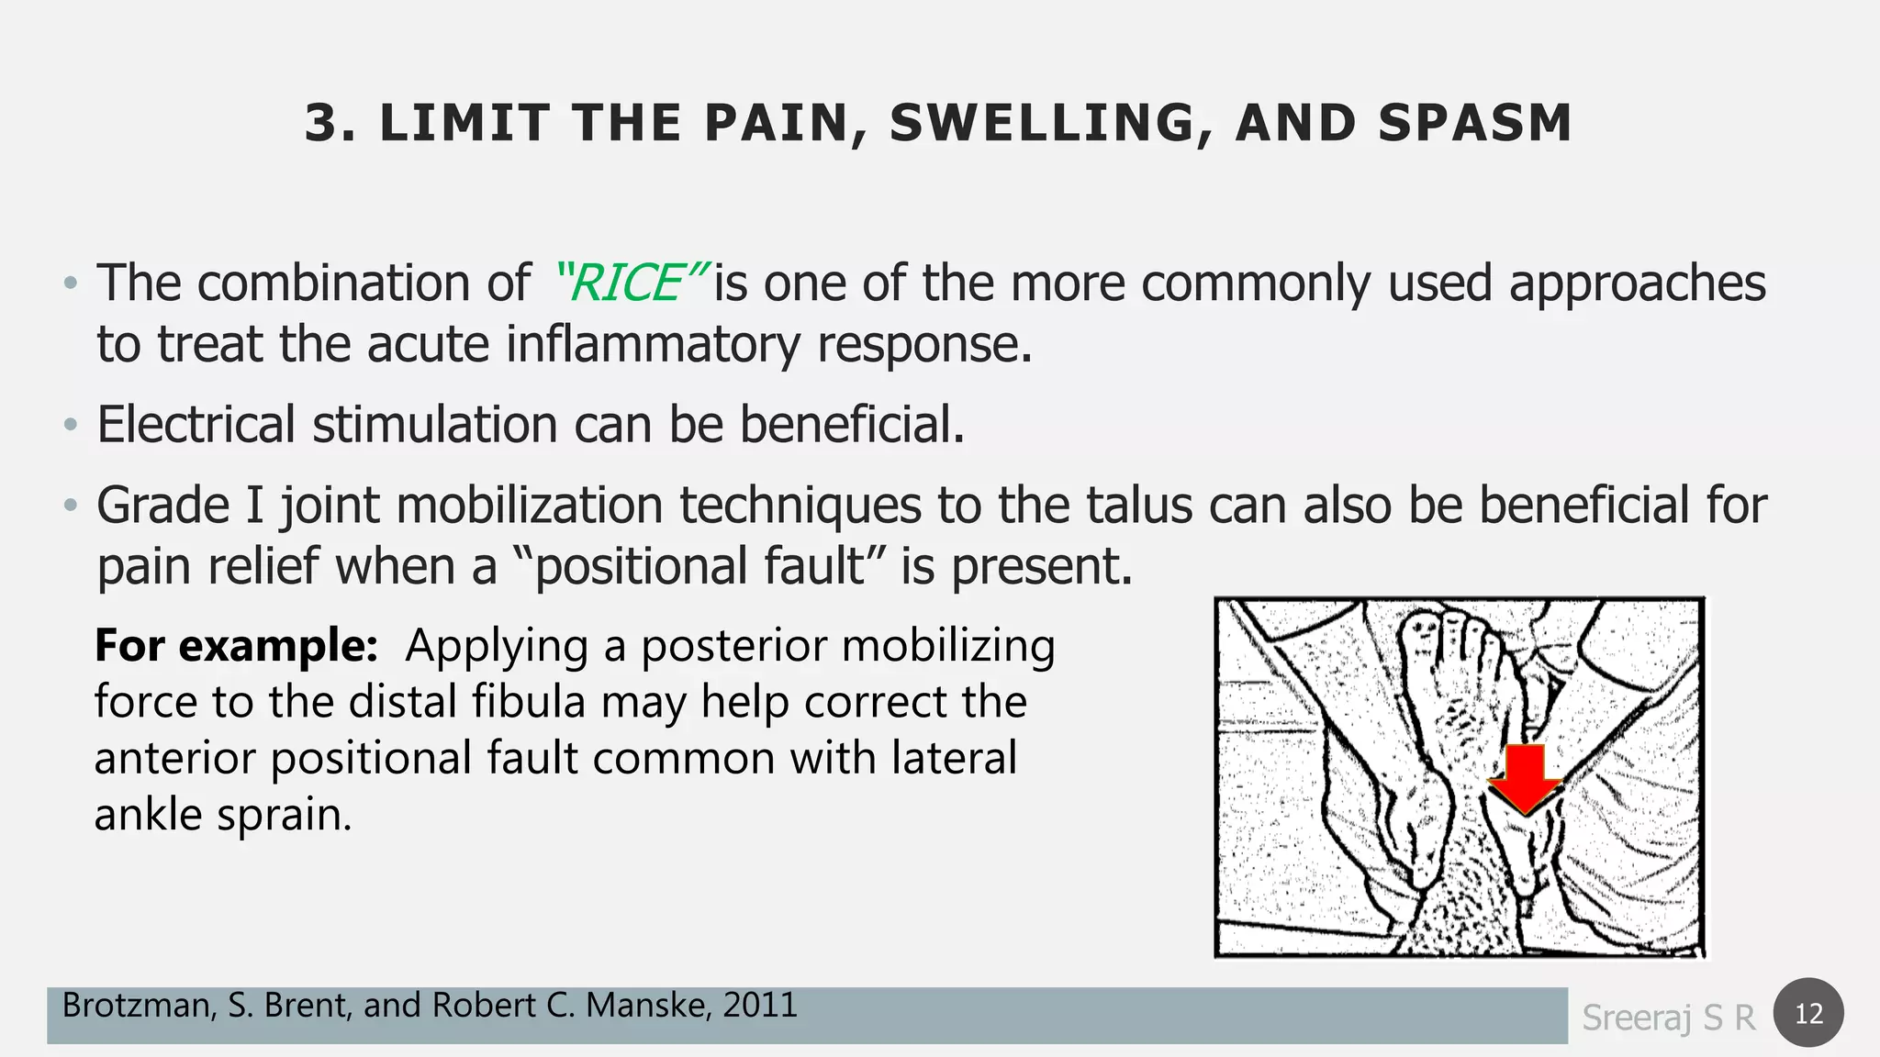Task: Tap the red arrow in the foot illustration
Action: [x=1525, y=778]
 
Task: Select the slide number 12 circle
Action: [x=1808, y=1013]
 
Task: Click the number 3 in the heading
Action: [x=323, y=123]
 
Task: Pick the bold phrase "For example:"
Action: [x=236, y=645]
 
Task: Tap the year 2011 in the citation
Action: [x=759, y=1006]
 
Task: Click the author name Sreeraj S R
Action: [x=1668, y=1017]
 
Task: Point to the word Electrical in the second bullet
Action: [x=196, y=425]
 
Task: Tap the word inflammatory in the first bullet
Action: [x=653, y=344]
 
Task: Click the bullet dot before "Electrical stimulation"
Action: [x=71, y=426]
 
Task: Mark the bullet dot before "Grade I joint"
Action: [x=71, y=506]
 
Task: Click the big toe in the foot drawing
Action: [x=1422, y=633]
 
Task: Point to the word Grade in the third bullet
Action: [x=162, y=505]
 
